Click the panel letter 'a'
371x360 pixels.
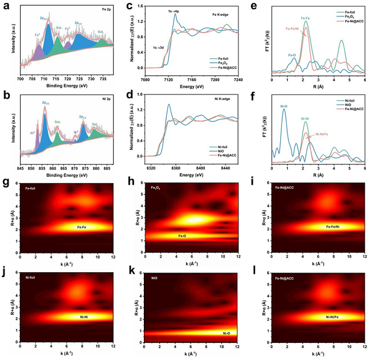(5, 6)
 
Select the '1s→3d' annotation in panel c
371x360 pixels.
(155, 48)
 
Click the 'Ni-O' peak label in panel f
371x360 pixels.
(284, 106)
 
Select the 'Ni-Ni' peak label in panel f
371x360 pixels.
(306, 118)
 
